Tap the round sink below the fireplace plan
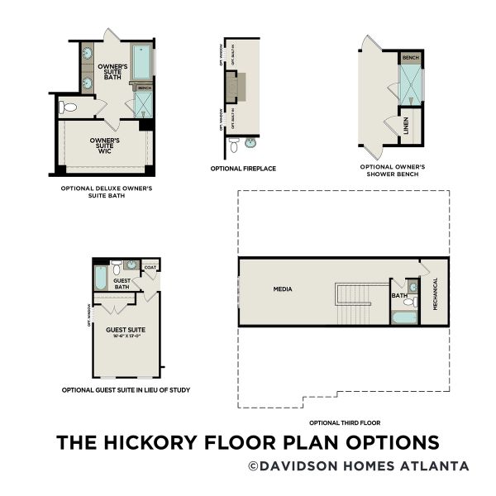click(250, 143)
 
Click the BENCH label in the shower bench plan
click(410, 58)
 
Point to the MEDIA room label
click(284, 289)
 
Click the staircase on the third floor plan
click(354, 303)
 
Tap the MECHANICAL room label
click(435, 293)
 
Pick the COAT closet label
click(150, 267)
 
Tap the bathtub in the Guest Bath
click(100, 278)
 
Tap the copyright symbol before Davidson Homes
click(252, 466)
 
